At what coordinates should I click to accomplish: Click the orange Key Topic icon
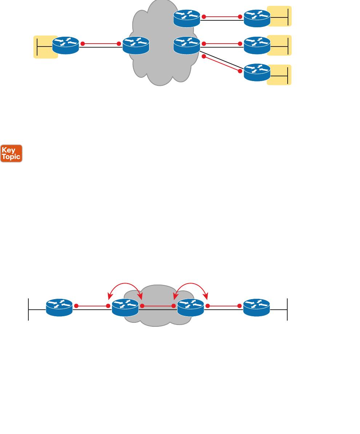[x=11, y=153]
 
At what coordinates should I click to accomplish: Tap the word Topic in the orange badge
[x=11, y=157]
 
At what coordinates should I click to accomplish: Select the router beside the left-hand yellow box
[x=65, y=45]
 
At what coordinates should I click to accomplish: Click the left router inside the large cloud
[x=136, y=45]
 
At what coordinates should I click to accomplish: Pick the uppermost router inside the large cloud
[x=187, y=18]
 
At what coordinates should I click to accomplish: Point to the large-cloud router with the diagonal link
[x=187, y=45]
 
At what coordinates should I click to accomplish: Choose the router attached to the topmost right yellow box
[x=257, y=18]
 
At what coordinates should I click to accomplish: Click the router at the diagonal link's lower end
[x=257, y=72]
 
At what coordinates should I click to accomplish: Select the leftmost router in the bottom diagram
[x=60, y=308]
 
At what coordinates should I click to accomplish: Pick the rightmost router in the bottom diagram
[x=257, y=308]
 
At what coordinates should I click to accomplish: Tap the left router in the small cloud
[x=125, y=308]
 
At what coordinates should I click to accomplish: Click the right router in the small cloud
[x=191, y=308]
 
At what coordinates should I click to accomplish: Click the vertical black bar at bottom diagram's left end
[x=28, y=309]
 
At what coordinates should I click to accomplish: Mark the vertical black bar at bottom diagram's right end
[x=287, y=309]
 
